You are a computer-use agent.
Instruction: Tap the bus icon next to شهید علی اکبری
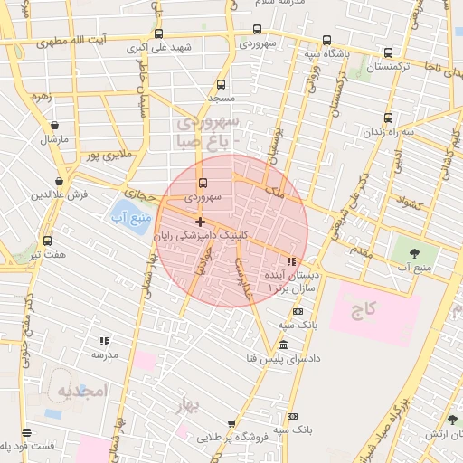(159, 34)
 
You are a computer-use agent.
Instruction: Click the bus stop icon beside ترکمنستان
(388, 53)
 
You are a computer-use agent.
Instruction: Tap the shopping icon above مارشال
(56, 126)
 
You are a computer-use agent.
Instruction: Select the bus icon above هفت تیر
(47, 241)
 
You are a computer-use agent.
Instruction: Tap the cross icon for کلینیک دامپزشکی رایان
(200, 222)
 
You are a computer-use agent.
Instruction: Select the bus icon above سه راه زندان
(388, 118)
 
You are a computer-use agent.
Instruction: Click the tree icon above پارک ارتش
(452, 420)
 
